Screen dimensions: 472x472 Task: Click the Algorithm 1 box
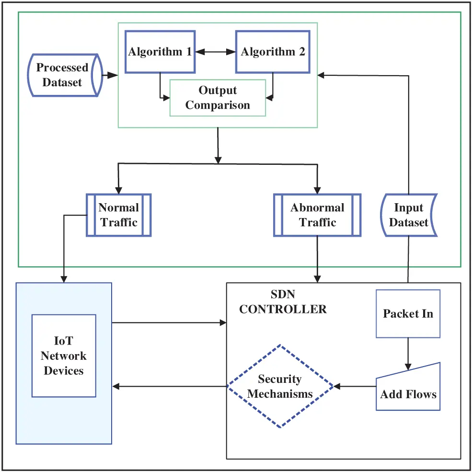pos(160,52)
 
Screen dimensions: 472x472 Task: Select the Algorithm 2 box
pos(273,52)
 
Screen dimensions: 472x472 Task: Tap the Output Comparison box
pos(218,98)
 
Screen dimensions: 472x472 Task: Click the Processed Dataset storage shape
pos(62,75)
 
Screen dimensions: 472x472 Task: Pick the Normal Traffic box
pos(119,215)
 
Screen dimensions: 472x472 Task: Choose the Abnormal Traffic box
pos(317,215)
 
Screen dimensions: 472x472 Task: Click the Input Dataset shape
pos(409,215)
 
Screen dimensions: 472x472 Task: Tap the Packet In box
pos(408,314)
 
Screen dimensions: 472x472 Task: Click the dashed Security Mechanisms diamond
pos(280,386)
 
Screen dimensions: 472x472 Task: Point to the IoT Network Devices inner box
pos(64,356)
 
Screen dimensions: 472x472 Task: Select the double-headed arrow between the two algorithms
pos(214,52)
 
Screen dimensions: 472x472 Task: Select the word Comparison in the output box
pos(218,105)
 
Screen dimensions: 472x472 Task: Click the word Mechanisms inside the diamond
pos(280,394)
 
